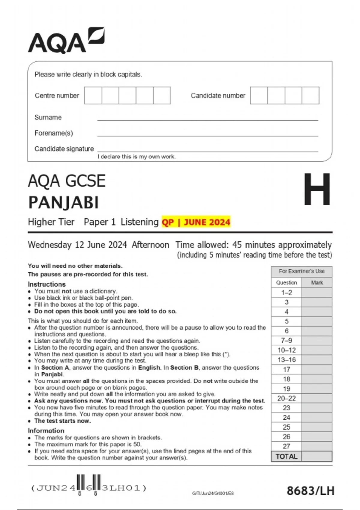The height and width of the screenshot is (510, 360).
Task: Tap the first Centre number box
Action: coord(93,95)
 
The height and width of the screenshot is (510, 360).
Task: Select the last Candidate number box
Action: coord(310,95)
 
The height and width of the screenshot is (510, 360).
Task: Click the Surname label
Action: coord(48,117)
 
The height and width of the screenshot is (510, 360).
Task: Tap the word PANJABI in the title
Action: coord(63,202)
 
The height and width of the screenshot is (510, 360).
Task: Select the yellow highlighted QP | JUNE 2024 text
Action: coord(196,222)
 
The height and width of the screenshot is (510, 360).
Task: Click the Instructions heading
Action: coord(47,284)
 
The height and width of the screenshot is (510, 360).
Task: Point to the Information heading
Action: coord(46,430)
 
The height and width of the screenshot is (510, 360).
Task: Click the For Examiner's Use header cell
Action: coord(301,271)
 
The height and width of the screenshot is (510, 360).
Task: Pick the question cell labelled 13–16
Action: coord(286,360)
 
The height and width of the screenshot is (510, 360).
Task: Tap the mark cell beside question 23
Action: coord(317,408)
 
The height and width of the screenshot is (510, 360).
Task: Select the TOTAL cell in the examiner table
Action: coord(286,456)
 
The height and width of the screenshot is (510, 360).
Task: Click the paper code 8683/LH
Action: coord(310,491)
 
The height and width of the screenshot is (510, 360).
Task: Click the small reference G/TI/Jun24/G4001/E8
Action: coord(213,493)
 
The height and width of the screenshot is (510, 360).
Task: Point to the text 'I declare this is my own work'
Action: coord(136,157)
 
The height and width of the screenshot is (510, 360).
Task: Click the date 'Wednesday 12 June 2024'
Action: coord(77,245)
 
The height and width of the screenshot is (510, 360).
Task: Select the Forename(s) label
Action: coord(54,133)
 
